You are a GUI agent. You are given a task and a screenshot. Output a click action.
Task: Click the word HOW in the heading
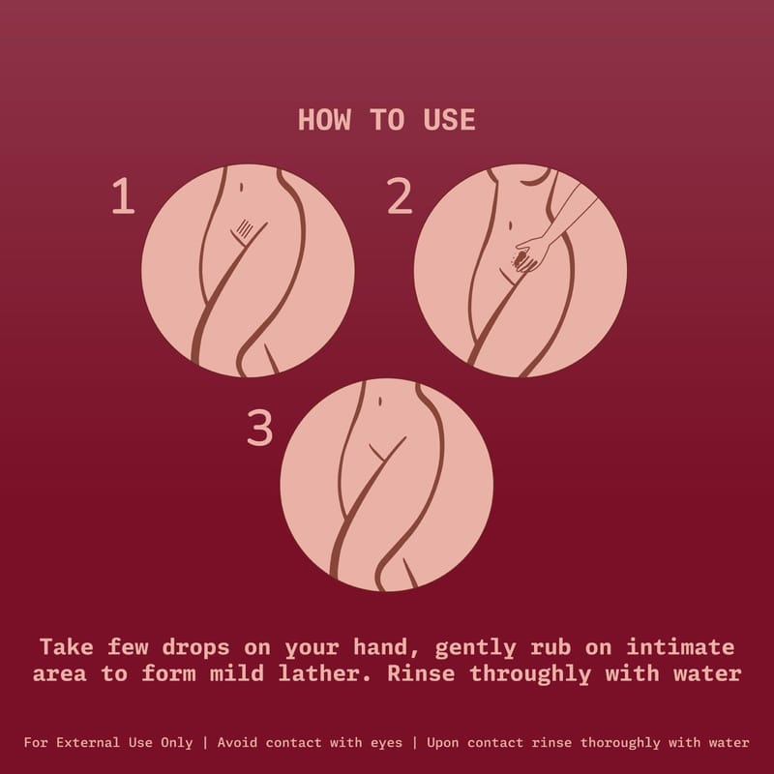click(x=324, y=120)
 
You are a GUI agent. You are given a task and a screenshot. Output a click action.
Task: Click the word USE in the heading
click(x=449, y=120)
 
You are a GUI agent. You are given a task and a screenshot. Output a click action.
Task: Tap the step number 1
click(x=124, y=196)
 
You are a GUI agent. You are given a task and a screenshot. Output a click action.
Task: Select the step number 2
click(x=399, y=196)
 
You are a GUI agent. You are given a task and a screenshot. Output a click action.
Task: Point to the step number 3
click(x=259, y=428)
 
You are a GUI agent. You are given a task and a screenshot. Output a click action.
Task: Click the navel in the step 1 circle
click(x=241, y=187)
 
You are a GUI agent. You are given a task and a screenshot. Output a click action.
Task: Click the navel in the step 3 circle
click(x=379, y=402)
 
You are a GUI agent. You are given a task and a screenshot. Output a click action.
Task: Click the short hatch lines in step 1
click(x=245, y=228)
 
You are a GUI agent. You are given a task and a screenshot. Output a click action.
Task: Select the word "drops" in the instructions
click(x=196, y=647)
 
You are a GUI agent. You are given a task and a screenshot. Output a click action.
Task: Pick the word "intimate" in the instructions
click(x=680, y=647)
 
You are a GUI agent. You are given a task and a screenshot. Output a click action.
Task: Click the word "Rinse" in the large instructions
click(x=421, y=673)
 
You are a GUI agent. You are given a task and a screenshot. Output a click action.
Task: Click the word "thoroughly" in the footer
click(x=620, y=743)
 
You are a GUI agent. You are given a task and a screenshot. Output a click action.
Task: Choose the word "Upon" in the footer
click(x=443, y=743)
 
